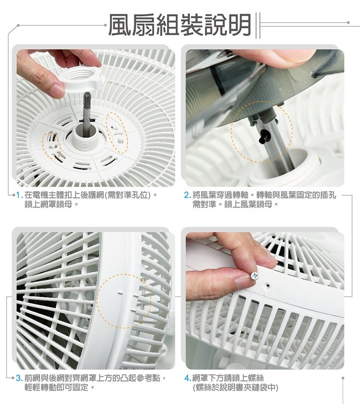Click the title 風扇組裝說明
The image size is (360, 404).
pos(180,24)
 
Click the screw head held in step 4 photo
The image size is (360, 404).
pos(254,276)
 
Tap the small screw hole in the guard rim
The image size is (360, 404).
pos(268,285)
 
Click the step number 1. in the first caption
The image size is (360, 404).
pos(19,195)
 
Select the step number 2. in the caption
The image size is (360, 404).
pos(187,195)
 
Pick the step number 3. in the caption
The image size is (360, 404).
pos(19,378)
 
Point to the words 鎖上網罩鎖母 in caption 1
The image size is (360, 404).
pos(48,205)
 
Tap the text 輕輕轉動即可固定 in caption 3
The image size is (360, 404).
pos(56,388)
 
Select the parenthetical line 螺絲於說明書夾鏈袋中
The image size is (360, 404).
pos(235,388)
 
